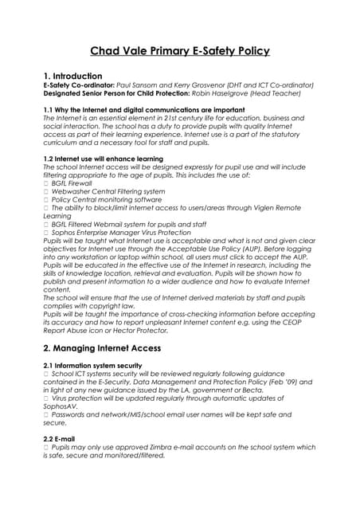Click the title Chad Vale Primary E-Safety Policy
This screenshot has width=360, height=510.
pos(179,51)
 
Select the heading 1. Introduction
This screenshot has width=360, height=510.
pos(77,76)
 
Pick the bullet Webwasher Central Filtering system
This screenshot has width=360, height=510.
pos(106,191)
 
